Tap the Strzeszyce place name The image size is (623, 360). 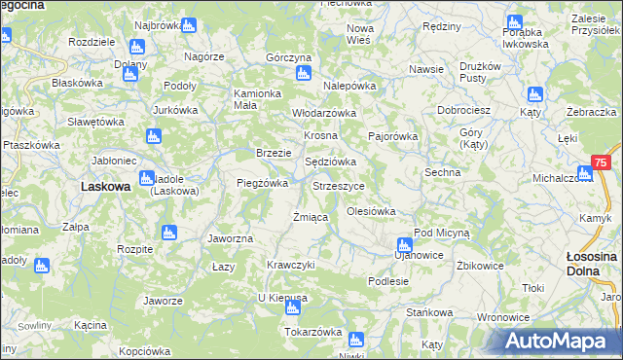point(339,185)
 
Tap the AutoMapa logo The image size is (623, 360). point(557,342)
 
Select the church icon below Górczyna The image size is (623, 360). point(304,73)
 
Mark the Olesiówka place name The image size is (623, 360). point(371,210)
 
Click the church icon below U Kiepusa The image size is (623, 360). point(292,308)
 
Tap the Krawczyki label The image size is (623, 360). point(291,265)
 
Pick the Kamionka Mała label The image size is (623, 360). point(257,100)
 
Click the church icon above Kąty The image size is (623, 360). point(532,94)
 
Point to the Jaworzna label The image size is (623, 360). point(231,238)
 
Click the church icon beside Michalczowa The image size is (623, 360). point(584,175)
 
